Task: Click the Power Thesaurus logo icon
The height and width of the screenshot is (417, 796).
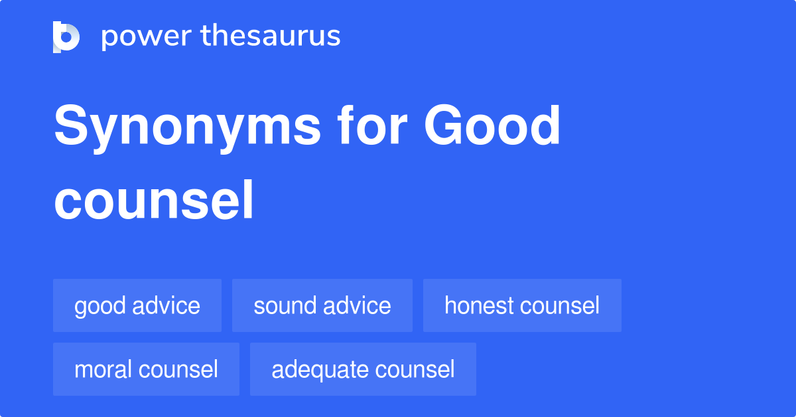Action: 66,37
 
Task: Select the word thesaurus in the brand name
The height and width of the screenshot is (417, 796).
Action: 271,37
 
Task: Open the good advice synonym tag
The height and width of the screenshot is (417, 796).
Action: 137,305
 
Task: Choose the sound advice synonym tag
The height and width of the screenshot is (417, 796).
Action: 322,305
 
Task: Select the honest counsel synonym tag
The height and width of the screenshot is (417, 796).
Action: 522,305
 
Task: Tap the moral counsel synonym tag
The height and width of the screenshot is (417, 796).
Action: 146,369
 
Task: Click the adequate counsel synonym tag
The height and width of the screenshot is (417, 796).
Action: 363,369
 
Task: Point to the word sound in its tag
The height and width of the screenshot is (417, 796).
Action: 284,305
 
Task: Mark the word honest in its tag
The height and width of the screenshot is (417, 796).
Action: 480,305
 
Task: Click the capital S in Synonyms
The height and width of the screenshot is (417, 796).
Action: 70,127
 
